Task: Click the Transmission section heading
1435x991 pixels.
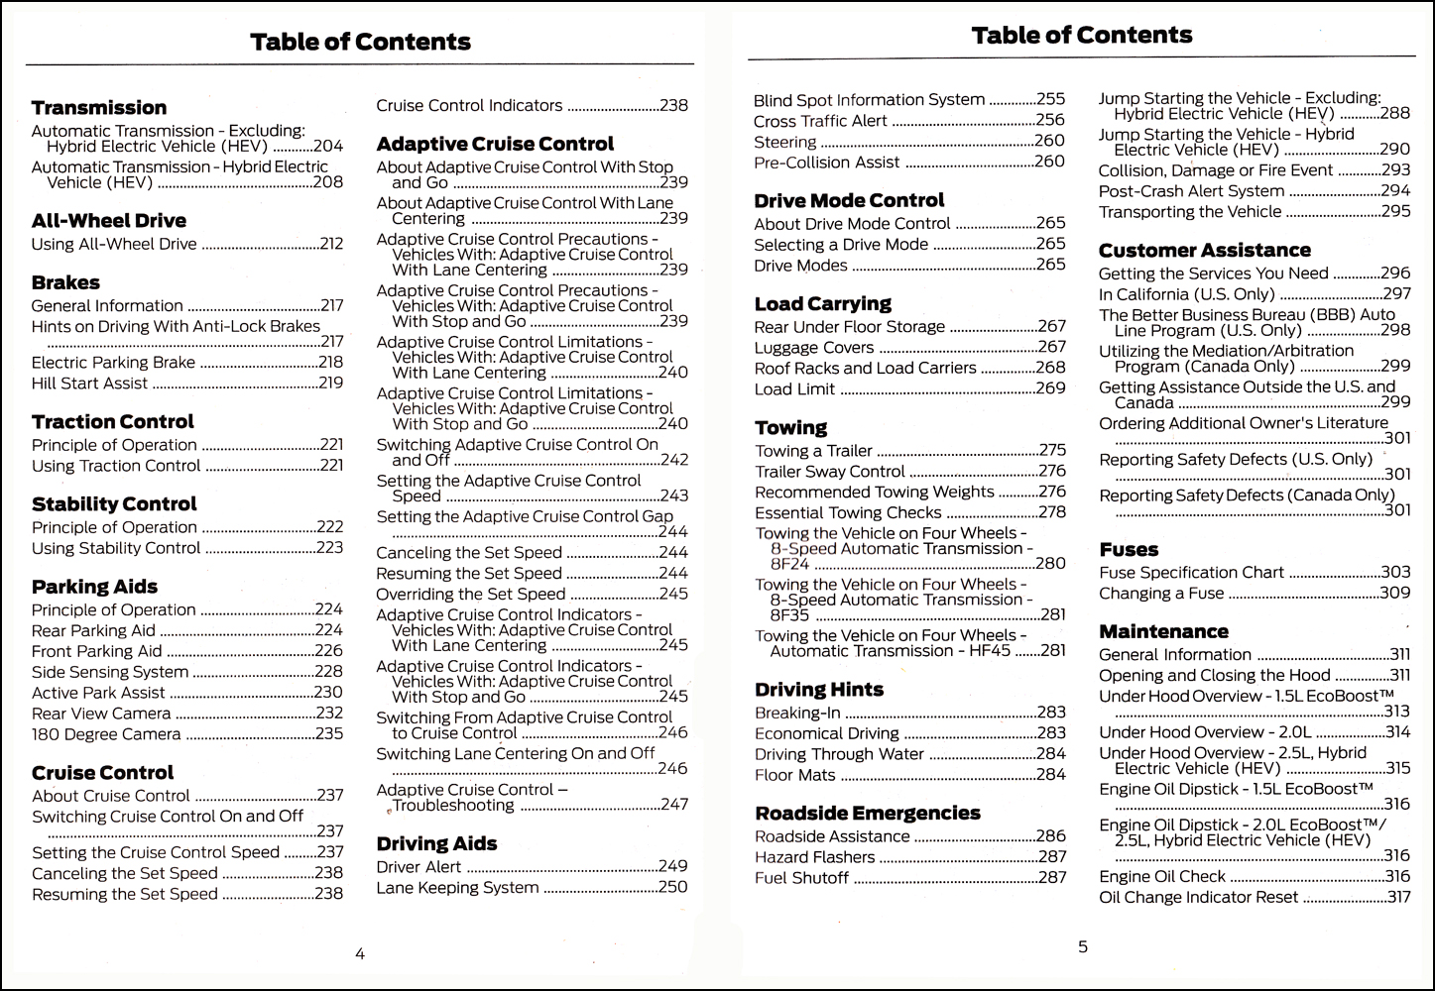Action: (99, 108)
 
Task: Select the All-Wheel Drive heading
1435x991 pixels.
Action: (109, 221)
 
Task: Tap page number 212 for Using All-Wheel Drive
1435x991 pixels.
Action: (331, 244)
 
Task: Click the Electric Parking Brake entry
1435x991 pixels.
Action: (113, 363)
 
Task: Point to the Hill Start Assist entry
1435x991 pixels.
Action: (89, 384)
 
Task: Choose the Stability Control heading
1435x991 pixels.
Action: (114, 504)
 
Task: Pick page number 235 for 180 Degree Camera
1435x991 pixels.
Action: (329, 734)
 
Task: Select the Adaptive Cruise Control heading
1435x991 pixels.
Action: (495, 145)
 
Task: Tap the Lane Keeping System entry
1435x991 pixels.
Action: (457, 888)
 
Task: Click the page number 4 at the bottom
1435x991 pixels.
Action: (360, 954)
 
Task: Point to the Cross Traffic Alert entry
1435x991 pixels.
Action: (820, 121)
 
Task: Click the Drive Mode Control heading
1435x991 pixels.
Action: (849, 201)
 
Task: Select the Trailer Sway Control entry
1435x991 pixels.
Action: (830, 472)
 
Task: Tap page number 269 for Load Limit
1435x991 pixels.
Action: (1051, 388)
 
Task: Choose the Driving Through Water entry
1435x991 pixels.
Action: (839, 754)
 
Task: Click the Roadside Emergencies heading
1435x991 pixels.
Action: (868, 814)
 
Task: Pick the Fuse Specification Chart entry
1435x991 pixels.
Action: (1191, 573)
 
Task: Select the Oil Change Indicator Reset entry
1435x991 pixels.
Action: (1198, 897)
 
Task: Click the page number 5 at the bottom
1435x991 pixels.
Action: (1083, 946)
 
